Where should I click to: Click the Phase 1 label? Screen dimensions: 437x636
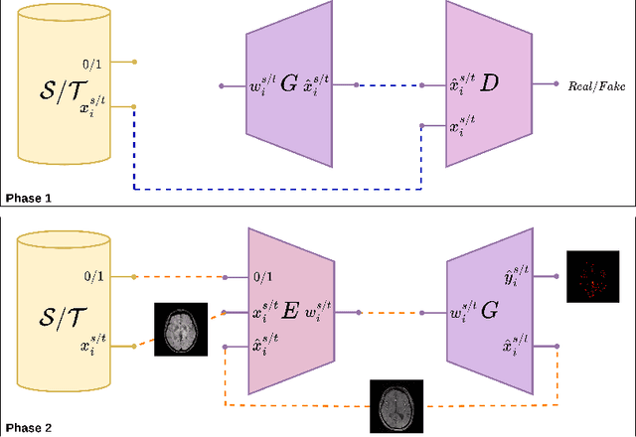pos(29,198)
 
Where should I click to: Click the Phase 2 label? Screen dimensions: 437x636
pos(29,428)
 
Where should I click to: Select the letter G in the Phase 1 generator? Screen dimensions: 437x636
pos(288,85)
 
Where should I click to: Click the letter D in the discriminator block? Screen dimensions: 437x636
pos(489,84)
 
